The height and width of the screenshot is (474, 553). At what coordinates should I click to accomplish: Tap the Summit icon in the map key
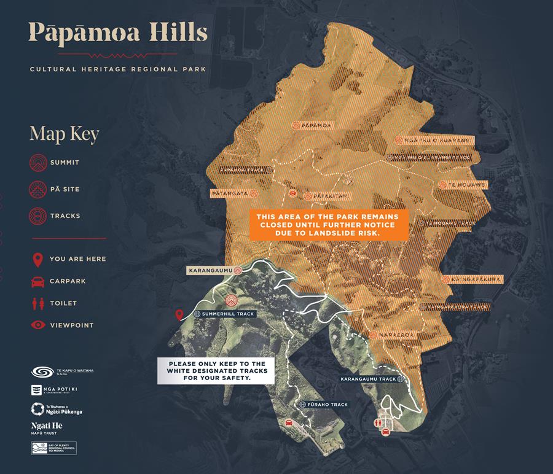(x=38, y=163)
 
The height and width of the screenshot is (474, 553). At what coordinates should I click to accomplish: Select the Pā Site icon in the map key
(x=38, y=189)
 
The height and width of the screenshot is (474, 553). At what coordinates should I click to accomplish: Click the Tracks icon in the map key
(x=38, y=216)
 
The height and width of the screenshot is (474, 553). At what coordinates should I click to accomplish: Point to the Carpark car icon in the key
(x=38, y=281)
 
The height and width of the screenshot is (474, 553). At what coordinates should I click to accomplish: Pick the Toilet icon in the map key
(x=38, y=303)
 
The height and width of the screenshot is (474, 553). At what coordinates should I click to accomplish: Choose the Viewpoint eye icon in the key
(x=38, y=325)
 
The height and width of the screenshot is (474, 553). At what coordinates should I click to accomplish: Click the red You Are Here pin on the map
(x=179, y=315)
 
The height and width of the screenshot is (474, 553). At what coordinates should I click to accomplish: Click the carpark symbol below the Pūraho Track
(x=289, y=423)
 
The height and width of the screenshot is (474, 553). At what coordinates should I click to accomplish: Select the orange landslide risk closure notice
(x=329, y=225)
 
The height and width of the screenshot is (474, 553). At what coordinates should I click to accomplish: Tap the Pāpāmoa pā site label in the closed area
(x=313, y=125)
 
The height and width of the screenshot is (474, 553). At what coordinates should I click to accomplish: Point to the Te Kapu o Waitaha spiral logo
(x=38, y=372)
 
